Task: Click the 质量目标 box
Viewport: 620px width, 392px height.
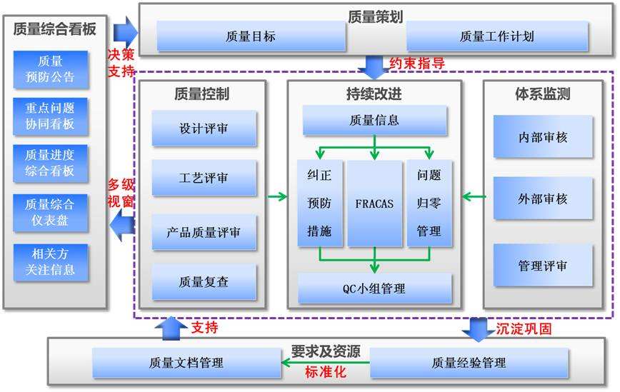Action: tap(249, 36)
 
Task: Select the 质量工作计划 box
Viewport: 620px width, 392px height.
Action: tap(496, 36)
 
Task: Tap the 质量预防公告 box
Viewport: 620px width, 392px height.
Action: tap(51, 69)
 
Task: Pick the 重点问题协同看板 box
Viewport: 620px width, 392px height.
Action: tap(51, 116)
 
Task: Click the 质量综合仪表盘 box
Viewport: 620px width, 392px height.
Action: tap(51, 212)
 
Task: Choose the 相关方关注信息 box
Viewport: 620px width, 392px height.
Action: tap(51, 262)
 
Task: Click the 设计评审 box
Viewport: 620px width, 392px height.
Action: tap(204, 130)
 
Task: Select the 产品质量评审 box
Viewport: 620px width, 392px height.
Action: tap(204, 232)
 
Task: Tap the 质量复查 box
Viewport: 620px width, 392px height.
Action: tap(204, 281)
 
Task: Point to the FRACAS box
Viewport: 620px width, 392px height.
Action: tap(375, 203)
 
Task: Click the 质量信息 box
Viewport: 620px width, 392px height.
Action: tap(375, 120)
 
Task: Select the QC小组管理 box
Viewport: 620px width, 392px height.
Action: tap(375, 288)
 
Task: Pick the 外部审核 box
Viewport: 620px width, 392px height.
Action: tap(543, 198)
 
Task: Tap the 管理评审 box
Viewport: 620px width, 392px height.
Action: tap(543, 266)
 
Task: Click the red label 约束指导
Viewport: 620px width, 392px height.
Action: tap(417, 64)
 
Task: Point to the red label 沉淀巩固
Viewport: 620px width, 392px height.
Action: tap(524, 328)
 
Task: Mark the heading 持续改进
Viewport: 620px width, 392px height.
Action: tap(374, 94)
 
